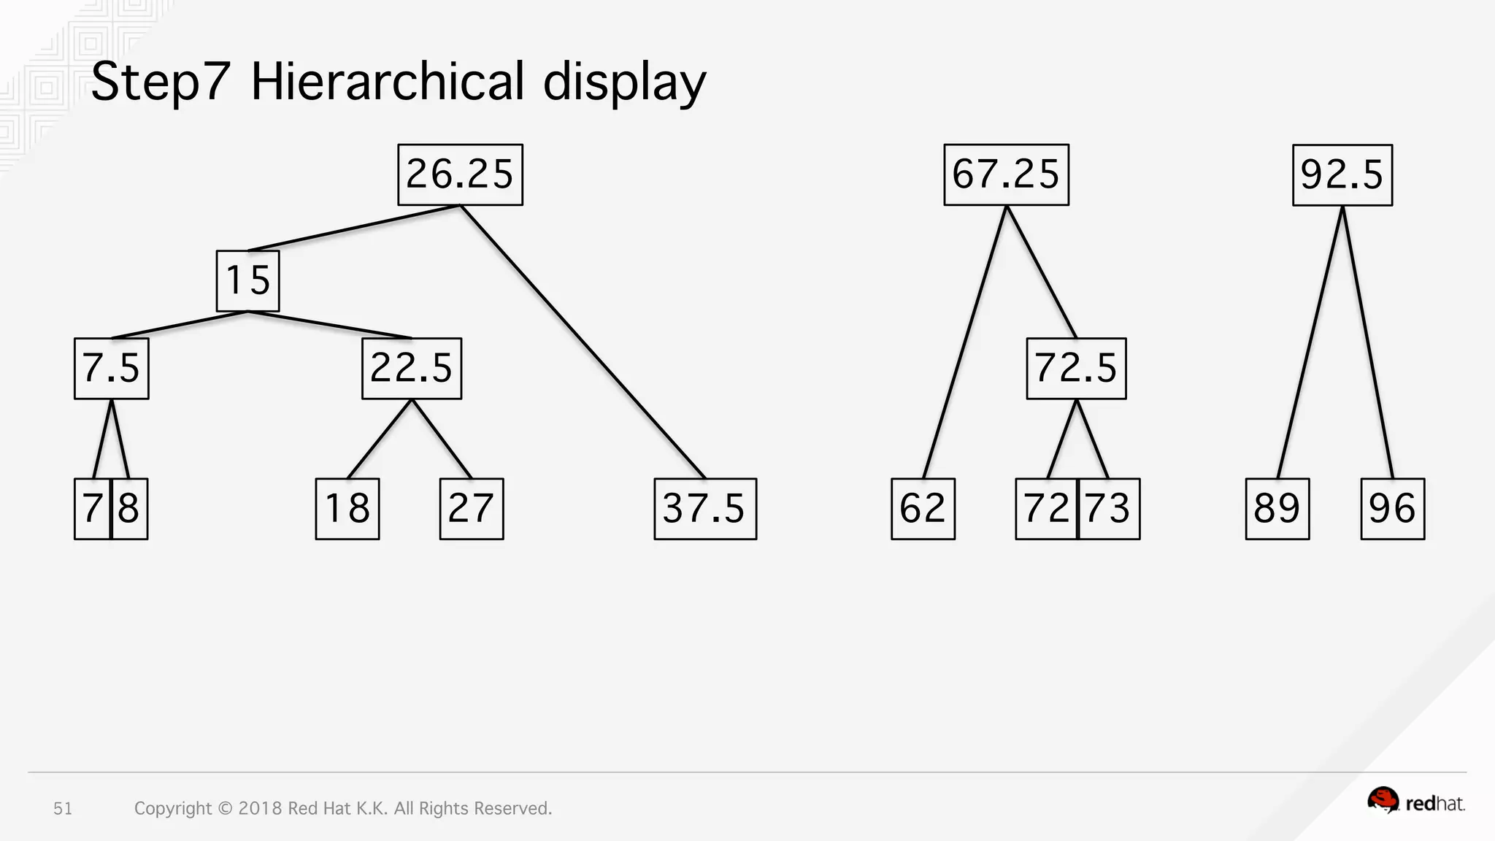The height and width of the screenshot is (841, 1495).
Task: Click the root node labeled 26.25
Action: click(460, 175)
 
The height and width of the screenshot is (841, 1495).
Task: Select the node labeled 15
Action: click(248, 281)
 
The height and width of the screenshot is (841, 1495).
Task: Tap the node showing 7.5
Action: click(112, 368)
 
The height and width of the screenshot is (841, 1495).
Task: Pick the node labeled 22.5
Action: click(412, 368)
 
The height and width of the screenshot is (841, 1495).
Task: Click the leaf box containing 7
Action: click(92, 509)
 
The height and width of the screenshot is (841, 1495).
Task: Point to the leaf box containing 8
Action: click(130, 509)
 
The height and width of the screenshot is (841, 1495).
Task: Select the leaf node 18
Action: click(347, 509)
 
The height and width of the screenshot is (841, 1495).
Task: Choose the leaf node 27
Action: click(472, 509)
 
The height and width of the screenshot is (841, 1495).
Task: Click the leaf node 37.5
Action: click(705, 509)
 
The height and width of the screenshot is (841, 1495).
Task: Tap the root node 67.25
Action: click(1006, 175)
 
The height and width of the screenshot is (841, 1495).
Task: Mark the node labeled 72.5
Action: click(1076, 368)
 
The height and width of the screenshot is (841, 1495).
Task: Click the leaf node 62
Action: click(923, 509)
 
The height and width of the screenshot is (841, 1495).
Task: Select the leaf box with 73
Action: click(1109, 509)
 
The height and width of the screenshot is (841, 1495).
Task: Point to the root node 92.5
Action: click(1342, 175)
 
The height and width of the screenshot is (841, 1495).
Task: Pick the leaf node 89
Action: click(1277, 509)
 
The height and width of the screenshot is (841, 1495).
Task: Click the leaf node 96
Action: click(1393, 509)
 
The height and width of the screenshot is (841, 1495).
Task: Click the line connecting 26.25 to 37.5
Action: click(584, 343)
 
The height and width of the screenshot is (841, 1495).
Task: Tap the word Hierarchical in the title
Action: click(388, 81)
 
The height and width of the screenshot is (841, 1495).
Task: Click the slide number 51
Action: click(63, 808)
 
